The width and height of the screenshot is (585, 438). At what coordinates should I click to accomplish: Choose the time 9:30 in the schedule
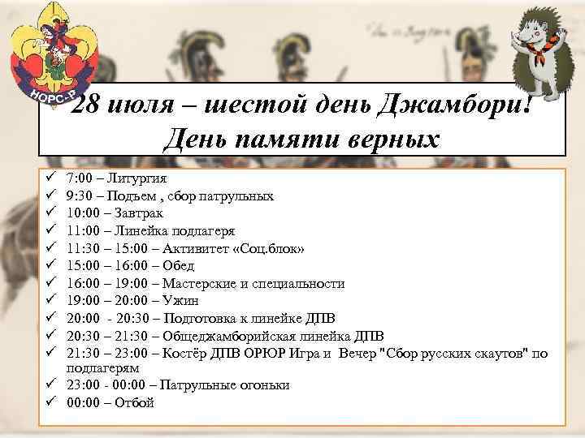(x=80, y=195)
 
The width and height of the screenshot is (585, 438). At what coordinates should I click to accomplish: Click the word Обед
(x=179, y=265)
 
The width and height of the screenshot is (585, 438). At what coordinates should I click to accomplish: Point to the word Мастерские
(x=197, y=283)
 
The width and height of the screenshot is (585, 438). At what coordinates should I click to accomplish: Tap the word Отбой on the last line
(x=134, y=402)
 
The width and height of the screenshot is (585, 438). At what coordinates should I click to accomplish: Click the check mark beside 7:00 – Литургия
(x=50, y=178)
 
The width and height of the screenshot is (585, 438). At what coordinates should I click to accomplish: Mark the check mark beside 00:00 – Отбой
(x=50, y=401)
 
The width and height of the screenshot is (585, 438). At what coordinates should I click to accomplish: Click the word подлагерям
(x=101, y=367)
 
